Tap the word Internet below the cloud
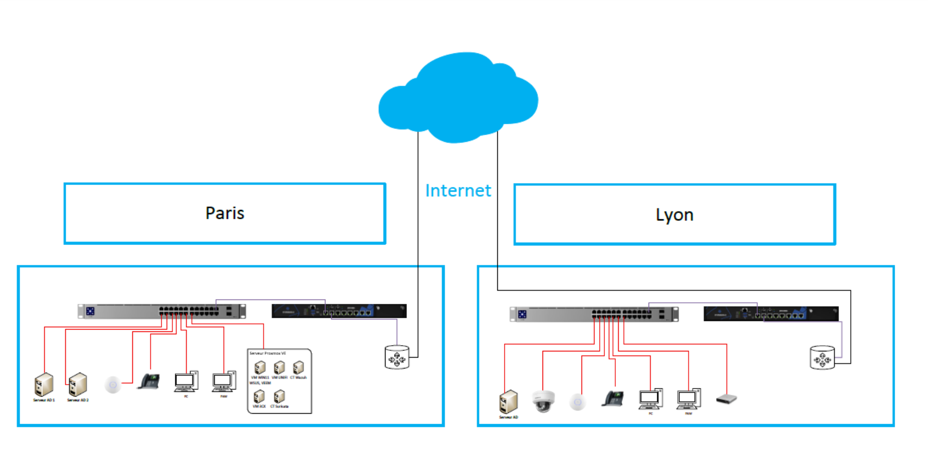tap(458, 191)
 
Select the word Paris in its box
tap(225, 213)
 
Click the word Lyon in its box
tap(674, 215)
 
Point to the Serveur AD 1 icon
tap(44, 385)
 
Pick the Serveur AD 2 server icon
tap(78, 385)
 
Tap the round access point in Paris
tap(113, 385)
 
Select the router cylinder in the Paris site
tap(396, 358)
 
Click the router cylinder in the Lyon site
tap(822, 358)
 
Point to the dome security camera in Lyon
tap(543, 401)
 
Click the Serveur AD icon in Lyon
tap(509, 402)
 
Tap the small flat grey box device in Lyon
tap(726, 399)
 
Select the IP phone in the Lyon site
tap(613, 398)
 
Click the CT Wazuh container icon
tap(298, 367)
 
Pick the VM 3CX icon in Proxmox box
tap(259, 396)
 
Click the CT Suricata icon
tap(279, 396)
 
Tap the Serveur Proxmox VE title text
tap(268, 354)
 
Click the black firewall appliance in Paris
tap(339, 311)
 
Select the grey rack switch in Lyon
tap(593, 314)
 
